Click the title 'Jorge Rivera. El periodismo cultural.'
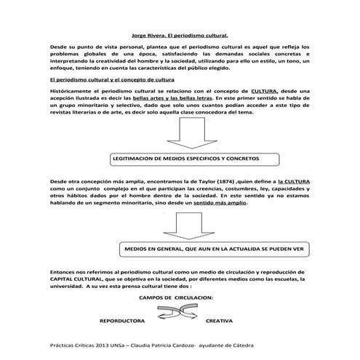point(179,33)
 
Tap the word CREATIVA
point(219,319)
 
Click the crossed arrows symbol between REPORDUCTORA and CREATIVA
point(172,314)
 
